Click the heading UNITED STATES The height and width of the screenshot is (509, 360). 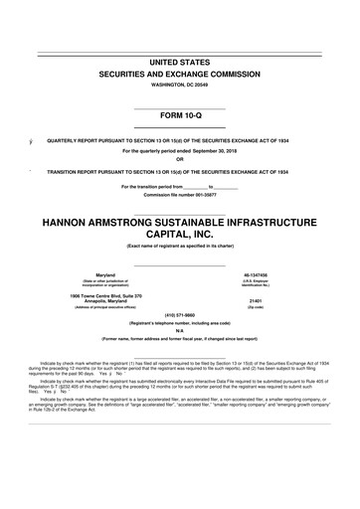click(180, 63)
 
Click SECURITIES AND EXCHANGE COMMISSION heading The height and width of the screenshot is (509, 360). click(180, 75)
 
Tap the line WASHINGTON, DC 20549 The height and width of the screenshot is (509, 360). click(180, 85)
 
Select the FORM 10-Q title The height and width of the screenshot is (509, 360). click(180, 117)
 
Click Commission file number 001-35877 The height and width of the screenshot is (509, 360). click(180, 195)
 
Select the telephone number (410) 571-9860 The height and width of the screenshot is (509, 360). click(180, 315)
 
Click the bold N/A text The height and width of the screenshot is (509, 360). click(180, 331)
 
